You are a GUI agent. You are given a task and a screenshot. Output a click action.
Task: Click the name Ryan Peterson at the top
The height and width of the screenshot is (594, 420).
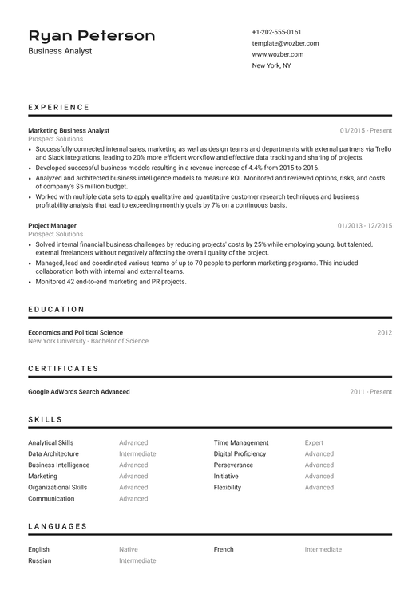tap(91, 36)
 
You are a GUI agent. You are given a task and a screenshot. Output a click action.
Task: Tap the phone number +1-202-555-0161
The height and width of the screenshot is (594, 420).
tap(276, 32)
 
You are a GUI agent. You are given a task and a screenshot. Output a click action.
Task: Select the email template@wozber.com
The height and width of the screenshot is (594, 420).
tap(285, 43)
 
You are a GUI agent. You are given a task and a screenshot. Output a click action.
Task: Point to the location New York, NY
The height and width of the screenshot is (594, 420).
tap(271, 65)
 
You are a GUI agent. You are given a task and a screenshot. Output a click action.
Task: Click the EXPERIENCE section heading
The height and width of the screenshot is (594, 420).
tap(59, 107)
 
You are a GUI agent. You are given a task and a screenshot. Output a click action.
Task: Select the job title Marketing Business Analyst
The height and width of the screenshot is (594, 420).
tap(69, 130)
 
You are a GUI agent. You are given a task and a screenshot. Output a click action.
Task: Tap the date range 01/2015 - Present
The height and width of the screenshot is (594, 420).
tap(366, 130)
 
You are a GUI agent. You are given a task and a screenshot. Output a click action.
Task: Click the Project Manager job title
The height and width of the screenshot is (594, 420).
tap(52, 226)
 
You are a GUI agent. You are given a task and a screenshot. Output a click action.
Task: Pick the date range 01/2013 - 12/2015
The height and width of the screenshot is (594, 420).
tap(364, 226)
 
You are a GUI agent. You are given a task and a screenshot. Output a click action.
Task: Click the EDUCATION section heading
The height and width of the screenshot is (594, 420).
tap(56, 309)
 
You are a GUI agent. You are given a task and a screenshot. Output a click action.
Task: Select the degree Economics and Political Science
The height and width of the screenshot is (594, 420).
tap(75, 332)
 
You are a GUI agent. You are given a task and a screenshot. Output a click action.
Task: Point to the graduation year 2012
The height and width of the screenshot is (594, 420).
tap(384, 332)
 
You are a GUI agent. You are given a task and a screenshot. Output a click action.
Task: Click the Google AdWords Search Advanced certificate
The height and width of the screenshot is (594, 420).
tap(78, 392)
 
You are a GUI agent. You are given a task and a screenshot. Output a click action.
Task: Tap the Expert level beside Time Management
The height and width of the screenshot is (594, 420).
tap(314, 442)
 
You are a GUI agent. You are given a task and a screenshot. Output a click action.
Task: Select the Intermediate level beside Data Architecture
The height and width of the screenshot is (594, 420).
tap(137, 453)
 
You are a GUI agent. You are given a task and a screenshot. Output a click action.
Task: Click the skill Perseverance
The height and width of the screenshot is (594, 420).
tap(233, 465)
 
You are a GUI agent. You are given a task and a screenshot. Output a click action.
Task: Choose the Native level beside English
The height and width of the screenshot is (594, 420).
tap(128, 549)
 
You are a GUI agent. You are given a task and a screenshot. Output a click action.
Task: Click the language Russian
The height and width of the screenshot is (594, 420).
tap(39, 560)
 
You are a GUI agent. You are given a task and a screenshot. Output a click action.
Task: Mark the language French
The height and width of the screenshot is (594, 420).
tap(224, 549)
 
